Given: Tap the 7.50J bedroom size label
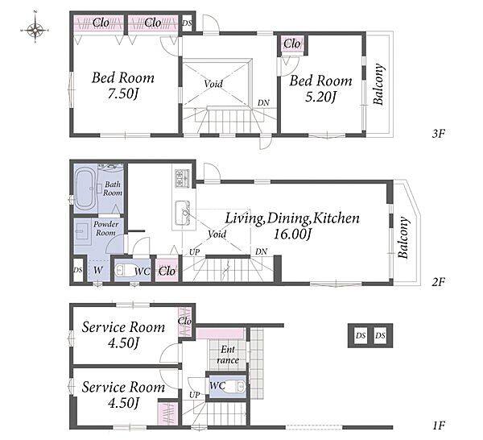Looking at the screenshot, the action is pos(122,93).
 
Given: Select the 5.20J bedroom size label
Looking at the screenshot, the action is pos(320,97).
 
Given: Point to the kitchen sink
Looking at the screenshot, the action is pos(183,213).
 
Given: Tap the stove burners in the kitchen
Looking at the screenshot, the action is pos(183,179).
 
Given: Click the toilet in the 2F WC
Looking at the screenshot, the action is pos(124,271).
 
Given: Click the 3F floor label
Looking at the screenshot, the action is pos(439,134).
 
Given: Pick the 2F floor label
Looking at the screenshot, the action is pos(439,281).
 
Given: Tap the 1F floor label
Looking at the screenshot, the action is pos(439,425).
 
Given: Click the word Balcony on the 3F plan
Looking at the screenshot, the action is pos(379,84).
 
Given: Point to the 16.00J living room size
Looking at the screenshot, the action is pos(292,235).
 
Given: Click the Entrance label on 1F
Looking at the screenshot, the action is pos(228,355).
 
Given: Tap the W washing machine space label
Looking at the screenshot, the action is pos(98,270).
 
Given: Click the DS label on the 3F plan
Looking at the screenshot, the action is pos(187,23).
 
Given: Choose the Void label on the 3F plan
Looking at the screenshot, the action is pos(213,84).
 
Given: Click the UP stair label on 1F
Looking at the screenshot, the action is pos(195,395).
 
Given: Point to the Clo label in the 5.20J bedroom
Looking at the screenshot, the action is pos(291,44).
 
